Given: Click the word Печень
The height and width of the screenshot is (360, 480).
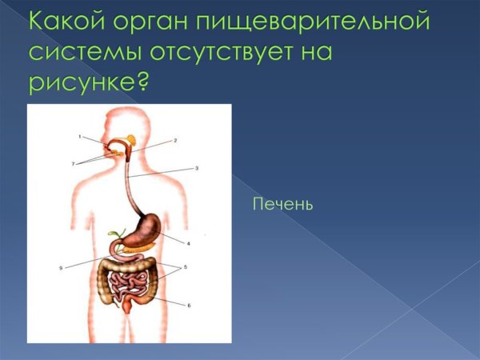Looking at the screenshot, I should click(282, 205).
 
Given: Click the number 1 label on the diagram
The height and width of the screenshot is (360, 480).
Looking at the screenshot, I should click(80, 137).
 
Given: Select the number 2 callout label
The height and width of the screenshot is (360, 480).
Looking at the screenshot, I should click(175, 140).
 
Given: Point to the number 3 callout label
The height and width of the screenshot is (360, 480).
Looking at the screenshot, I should click(197, 168).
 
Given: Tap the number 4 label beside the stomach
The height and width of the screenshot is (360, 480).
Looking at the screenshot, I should click(188, 242).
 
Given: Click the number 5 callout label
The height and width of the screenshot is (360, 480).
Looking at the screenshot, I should click(186, 266).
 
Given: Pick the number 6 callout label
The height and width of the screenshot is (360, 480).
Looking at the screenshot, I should click(189, 305).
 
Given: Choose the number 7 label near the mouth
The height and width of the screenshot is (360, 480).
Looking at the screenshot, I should click(72, 163).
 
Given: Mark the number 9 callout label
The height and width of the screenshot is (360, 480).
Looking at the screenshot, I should click(61, 268).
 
